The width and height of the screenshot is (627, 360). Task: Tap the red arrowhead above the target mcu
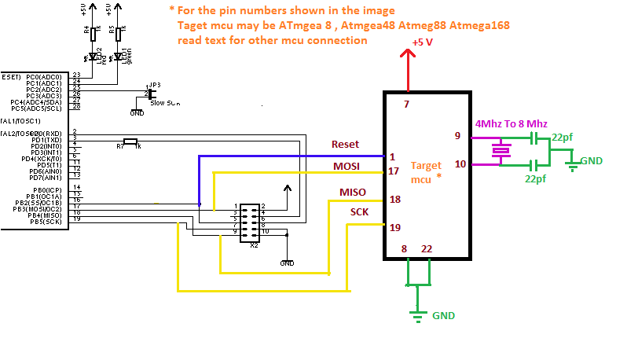pyautogui.click(x=408, y=53)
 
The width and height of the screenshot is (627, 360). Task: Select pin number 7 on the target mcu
pyautogui.click(x=406, y=104)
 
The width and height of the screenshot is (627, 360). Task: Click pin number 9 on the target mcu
pyautogui.click(x=457, y=135)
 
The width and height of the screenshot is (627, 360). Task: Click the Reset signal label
pyautogui.click(x=345, y=145)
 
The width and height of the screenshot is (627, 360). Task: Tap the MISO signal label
pyautogui.click(x=352, y=193)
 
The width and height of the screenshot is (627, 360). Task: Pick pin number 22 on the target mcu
pyautogui.click(x=427, y=249)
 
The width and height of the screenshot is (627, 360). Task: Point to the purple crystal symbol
pyautogui.click(x=499, y=150)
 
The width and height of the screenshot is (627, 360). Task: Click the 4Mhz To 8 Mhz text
pyautogui.click(x=511, y=124)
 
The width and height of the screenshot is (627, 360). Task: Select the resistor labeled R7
pyautogui.click(x=130, y=142)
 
